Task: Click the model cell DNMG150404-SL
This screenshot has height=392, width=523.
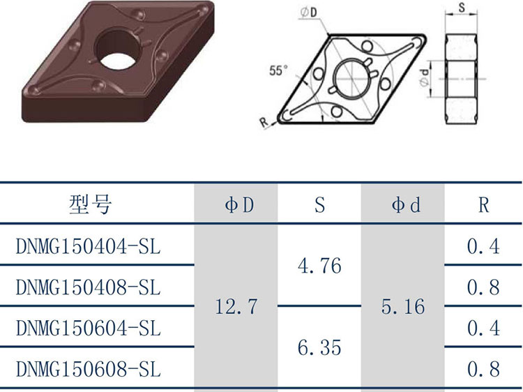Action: (x=89, y=247)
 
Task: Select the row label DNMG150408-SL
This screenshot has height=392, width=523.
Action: (x=89, y=287)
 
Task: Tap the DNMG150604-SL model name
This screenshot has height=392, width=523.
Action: (x=89, y=329)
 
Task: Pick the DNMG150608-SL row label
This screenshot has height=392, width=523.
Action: (x=89, y=369)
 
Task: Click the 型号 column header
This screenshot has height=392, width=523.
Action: (x=91, y=204)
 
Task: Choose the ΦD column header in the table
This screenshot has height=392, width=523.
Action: (x=239, y=205)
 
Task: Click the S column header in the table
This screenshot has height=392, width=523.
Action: (x=319, y=205)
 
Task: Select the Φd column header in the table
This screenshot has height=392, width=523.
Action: (x=406, y=205)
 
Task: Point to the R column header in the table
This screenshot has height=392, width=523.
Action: (x=484, y=205)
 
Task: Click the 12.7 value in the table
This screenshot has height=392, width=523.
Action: (x=236, y=307)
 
